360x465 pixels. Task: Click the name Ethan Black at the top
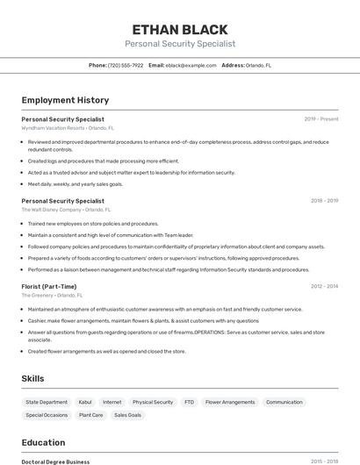pos(180,29)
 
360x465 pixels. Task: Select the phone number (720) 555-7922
pos(126,65)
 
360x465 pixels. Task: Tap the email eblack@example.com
pos(191,65)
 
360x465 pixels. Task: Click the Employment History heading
pos(65,100)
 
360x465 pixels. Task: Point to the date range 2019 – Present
pos(321,118)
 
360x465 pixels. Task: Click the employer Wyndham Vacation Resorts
pos(53,127)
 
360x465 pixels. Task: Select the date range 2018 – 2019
pos(324,201)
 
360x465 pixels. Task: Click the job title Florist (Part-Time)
pos(49,286)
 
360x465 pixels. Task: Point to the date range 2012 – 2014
pos(324,286)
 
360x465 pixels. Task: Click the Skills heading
pos(33,378)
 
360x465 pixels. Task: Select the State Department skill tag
pos(47,402)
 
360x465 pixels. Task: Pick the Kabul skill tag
pos(85,402)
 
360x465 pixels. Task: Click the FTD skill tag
pos(189,402)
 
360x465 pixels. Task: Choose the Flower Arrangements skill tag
pos(230,402)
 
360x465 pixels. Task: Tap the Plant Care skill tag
pos(91,415)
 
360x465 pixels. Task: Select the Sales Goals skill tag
pos(127,415)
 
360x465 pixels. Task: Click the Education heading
pos(43,442)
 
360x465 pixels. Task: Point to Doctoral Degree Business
pos(55,461)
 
